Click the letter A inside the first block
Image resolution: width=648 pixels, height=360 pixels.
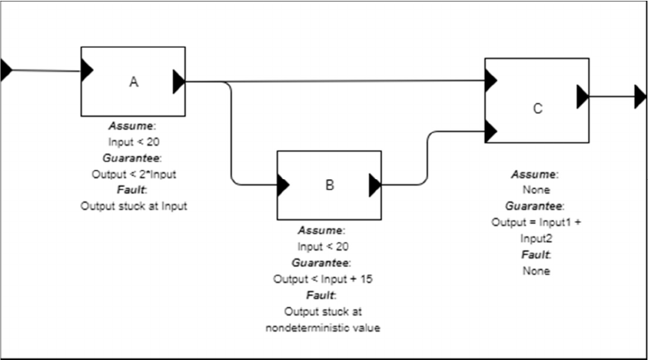pos(133,83)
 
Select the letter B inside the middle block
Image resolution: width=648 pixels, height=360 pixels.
pos(329,185)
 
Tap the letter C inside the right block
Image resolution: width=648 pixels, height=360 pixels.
pos(537,108)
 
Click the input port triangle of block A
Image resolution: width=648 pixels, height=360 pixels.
pos(87,71)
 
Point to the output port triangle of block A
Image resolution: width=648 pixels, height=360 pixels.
pos(179,81)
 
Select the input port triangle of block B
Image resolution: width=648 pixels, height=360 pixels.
pos(283,185)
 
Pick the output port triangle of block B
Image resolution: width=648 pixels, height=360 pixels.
pos(375,185)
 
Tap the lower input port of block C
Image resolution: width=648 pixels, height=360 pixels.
pos(490,132)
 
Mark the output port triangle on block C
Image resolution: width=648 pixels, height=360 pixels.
pos(583,97)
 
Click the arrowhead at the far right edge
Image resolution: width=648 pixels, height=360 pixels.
pos(640,97)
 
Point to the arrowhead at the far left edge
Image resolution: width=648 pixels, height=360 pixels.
pos(6,70)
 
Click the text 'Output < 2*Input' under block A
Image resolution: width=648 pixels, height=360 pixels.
pos(134,174)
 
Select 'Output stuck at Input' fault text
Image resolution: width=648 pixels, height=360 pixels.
pos(134,205)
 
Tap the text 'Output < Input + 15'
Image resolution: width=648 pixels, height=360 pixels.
pos(323,278)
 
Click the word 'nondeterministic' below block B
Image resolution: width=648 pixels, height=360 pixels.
pos(323,328)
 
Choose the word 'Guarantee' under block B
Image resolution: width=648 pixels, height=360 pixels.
pos(323,262)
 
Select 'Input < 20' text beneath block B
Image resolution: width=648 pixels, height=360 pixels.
pos(323,246)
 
